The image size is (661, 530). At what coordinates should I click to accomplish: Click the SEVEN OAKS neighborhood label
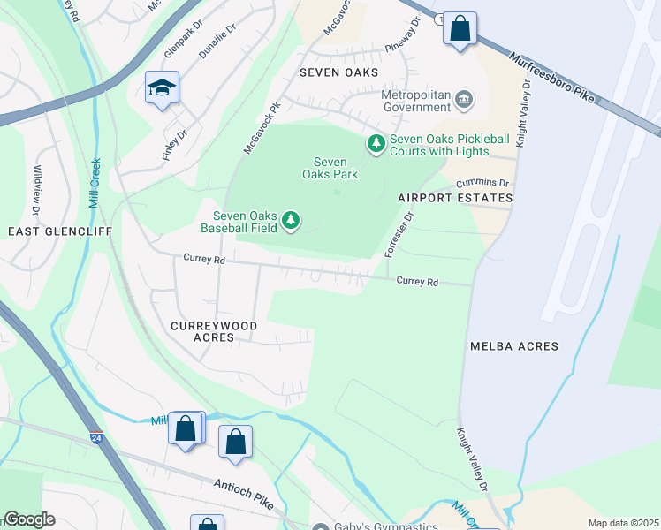338,72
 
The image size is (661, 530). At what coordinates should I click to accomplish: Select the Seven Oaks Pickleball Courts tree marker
376,143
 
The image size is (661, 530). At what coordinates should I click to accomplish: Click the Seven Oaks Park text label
336,168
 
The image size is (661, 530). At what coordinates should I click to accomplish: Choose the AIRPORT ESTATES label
455,198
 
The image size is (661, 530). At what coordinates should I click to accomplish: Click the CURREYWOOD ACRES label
214,331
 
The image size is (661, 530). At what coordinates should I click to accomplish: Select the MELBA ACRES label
514,346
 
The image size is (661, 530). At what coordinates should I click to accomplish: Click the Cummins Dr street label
483,183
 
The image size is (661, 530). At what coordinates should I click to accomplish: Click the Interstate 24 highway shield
95,437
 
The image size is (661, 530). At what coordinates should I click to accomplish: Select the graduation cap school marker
162,87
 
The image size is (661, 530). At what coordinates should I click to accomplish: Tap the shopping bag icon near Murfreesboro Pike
460,28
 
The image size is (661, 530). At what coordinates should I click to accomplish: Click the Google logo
28,519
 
